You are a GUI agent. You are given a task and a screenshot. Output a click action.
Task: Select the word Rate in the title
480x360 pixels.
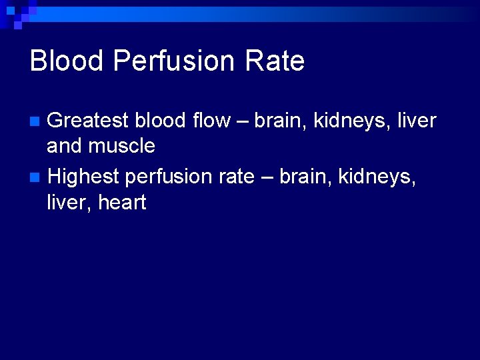(275, 61)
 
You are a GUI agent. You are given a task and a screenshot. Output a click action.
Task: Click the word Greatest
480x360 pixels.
(88, 121)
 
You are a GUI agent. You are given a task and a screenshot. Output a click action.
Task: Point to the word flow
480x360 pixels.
(209, 121)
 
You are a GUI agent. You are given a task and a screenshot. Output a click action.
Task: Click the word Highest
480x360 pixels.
(83, 177)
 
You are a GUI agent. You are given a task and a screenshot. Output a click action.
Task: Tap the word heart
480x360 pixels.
(122, 201)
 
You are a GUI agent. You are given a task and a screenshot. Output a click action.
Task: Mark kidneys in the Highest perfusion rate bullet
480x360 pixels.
(377, 177)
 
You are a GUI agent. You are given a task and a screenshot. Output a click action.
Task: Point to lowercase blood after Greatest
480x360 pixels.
(160, 121)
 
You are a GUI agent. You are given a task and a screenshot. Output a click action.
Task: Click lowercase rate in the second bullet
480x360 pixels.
(235, 177)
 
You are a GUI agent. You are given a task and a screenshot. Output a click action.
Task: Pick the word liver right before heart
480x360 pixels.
(68, 201)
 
